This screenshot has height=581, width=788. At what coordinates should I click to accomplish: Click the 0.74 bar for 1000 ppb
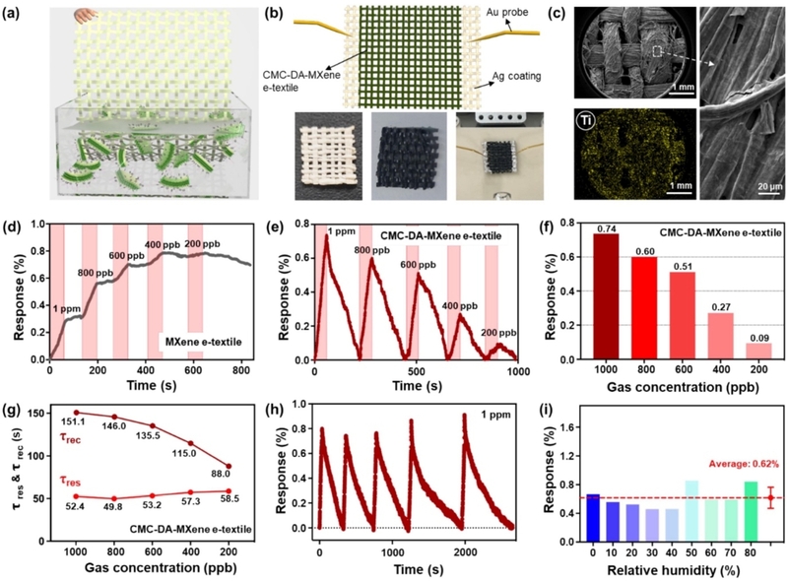(x=607, y=296)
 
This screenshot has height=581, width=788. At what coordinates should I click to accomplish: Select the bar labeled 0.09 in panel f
(x=758, y=352)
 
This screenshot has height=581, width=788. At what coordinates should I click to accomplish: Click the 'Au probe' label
(x=507, y=12)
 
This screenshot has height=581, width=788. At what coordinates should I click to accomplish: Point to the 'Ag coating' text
(x=516, y=76)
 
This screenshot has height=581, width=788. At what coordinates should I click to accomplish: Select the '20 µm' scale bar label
(x=770, y=186)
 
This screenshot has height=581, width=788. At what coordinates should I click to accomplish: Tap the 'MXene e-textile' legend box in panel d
(x=204, y=342)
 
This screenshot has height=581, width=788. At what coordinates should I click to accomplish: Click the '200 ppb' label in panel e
(x=498, y=333)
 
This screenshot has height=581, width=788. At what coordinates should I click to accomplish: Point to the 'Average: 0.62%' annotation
(x=744, y=464)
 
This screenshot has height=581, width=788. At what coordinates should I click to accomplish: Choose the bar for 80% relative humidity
(x=751, y=512)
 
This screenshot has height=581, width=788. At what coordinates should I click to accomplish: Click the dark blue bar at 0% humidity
(x=593, y=518)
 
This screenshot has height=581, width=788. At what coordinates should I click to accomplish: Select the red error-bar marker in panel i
(x=770, y=497)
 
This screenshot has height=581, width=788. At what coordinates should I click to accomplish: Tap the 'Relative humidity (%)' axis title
(x=674, y=570)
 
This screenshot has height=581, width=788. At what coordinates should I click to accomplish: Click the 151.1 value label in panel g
(x=70, y=422)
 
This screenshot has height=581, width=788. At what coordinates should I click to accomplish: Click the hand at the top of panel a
(x=85, y=16)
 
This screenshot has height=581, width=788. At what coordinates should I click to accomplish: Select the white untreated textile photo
(x=329, y=156)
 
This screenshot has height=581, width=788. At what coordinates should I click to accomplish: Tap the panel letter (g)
(x=11, y=410)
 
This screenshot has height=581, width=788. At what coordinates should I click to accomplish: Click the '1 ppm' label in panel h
(x=496, y=415)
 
